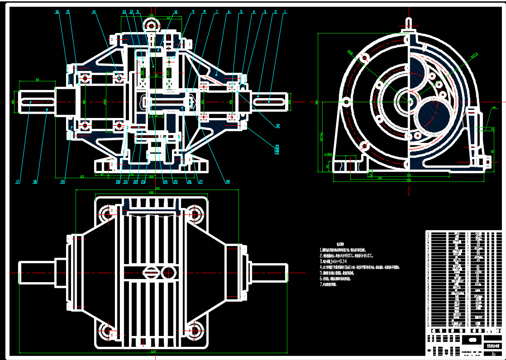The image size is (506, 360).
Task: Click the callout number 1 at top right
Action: [x=285, y=12]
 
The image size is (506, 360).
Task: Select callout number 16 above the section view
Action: [x=57, y=12]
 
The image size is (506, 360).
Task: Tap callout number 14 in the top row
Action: [x=94, y=12]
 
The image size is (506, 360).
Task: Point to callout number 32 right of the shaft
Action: [x=277, y=125]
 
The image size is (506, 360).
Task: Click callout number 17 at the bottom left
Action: [x=18, y=182]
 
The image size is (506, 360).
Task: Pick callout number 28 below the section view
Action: [x=228, y=182]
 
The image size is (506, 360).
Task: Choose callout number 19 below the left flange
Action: [x=63, y=182]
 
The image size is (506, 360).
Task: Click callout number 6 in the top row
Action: [x=229, y=12]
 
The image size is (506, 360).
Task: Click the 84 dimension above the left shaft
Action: [x=38, y=80]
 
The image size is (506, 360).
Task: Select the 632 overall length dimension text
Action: [x=153, y=351]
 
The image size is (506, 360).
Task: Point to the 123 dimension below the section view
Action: [x=81, y=176]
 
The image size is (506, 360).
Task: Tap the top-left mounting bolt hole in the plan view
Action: [x=108, y=213]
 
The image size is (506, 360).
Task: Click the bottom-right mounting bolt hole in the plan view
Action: [x=196, y=331]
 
